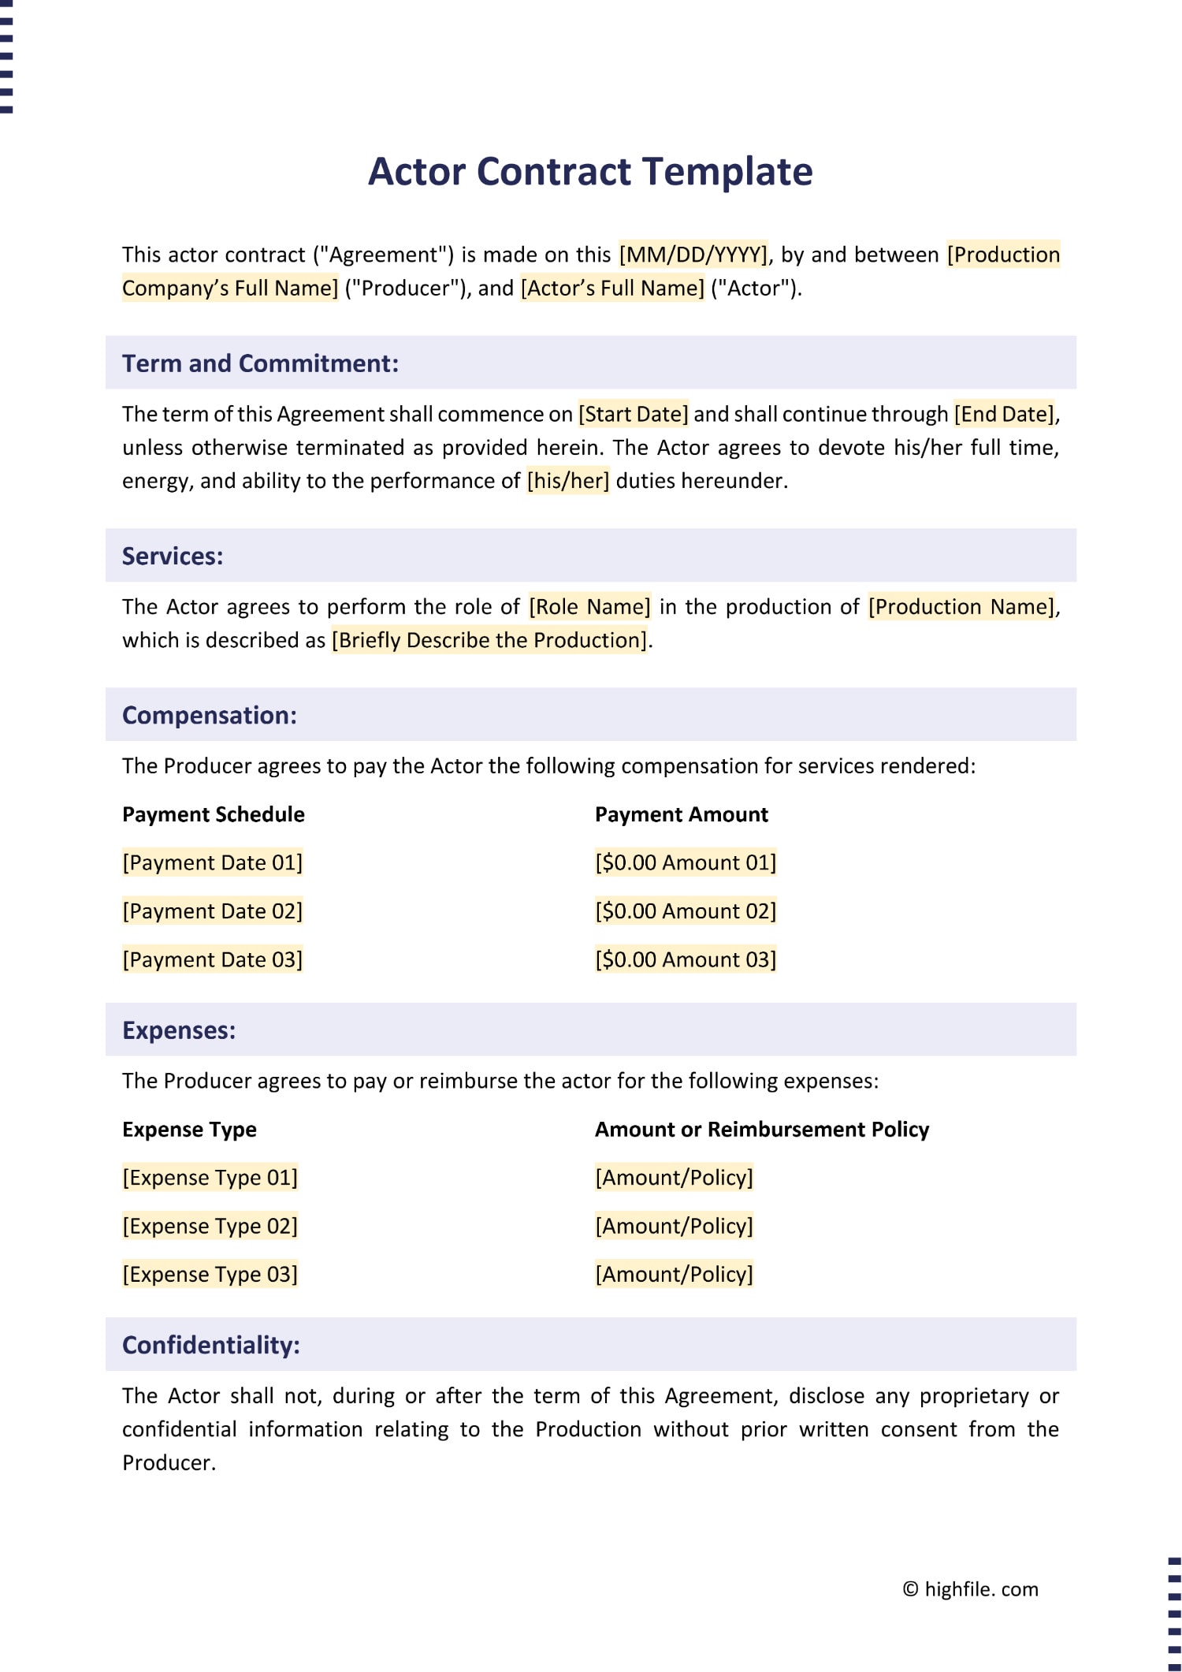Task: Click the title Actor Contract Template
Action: pos(590,171)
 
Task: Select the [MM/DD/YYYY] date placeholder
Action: pos(693,255)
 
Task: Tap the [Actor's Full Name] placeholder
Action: pos(612,289)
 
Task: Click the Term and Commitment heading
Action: pos(260,363)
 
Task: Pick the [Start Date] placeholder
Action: pos(634,415)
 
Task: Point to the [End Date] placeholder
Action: pos(1005,415)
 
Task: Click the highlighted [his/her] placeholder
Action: pos(567,481)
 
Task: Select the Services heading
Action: pos(173,557)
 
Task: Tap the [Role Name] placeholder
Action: pos(589,607)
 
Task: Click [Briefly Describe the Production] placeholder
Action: pos(489,640)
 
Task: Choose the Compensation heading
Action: pos(210,716)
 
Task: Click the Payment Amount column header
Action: pos(681,815)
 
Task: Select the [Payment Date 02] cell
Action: pos(212,911)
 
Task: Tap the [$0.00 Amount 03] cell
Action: pos(686,960)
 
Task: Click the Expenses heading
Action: pos(179,1030)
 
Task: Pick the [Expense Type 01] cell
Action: pos(210,1178)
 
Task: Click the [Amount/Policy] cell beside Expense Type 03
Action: pos(674,1275)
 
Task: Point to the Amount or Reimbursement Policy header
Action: pos(761,1130)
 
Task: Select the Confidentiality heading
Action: pos(211,1345)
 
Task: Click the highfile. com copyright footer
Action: pos(970,1589)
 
